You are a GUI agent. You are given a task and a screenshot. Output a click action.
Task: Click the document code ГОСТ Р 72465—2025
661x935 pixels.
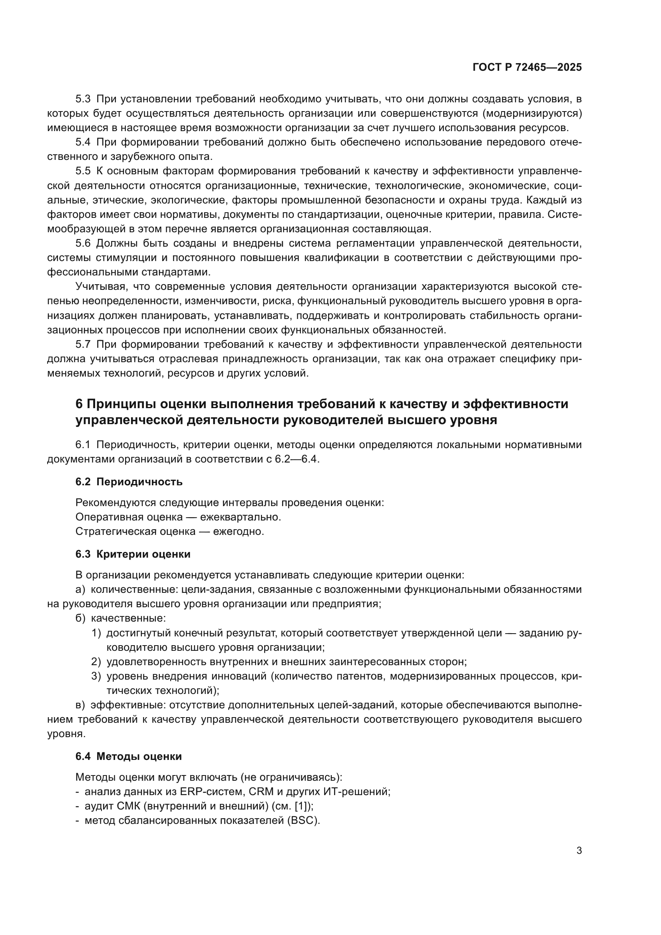(527, 67)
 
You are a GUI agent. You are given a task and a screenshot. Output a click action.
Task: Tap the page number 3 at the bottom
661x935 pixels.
(579, 851)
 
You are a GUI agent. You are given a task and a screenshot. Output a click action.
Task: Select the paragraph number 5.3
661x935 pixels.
(84, 100)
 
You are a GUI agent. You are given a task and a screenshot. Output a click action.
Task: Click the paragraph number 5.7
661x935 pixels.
(84, 345)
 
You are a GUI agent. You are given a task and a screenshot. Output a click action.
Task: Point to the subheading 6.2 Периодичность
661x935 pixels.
(129, 482)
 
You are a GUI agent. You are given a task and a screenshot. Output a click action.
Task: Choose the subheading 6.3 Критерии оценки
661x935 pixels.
(133, 554)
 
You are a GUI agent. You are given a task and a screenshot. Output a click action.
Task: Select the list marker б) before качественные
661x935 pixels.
(80, 618)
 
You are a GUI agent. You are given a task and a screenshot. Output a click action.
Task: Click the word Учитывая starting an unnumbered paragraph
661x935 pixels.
(101, 287)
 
